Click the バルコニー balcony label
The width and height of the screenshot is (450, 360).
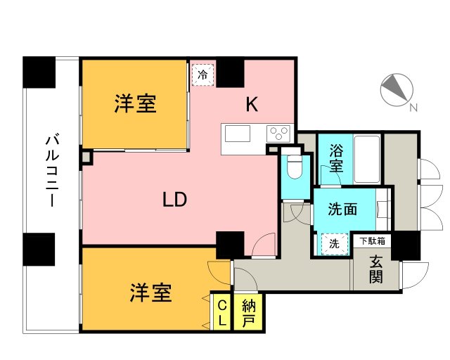[x=51, y=169]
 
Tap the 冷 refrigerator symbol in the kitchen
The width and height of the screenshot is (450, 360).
[x=203, y=75]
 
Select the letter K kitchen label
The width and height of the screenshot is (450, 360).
[x=251, y=105]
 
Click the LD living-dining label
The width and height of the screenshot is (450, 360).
[x=174, y=200]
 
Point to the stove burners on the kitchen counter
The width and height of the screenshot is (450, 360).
[x=278, y=132]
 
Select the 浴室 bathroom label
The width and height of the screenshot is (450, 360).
[x=337, y=160]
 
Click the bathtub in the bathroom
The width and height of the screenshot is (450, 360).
[x=368, y=159]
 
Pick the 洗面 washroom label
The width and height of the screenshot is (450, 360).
[x=342, y=209]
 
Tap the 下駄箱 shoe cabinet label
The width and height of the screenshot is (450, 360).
[x=372, y=241]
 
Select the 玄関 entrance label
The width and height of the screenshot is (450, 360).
[x=376, y=267]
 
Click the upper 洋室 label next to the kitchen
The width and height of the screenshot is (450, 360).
[x=135, y=104]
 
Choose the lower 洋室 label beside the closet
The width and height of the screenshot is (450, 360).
[x=150, y=292]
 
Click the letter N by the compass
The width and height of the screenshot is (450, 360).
[x=413, y=108]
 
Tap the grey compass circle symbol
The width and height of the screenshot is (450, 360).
[x=394, y=89]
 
